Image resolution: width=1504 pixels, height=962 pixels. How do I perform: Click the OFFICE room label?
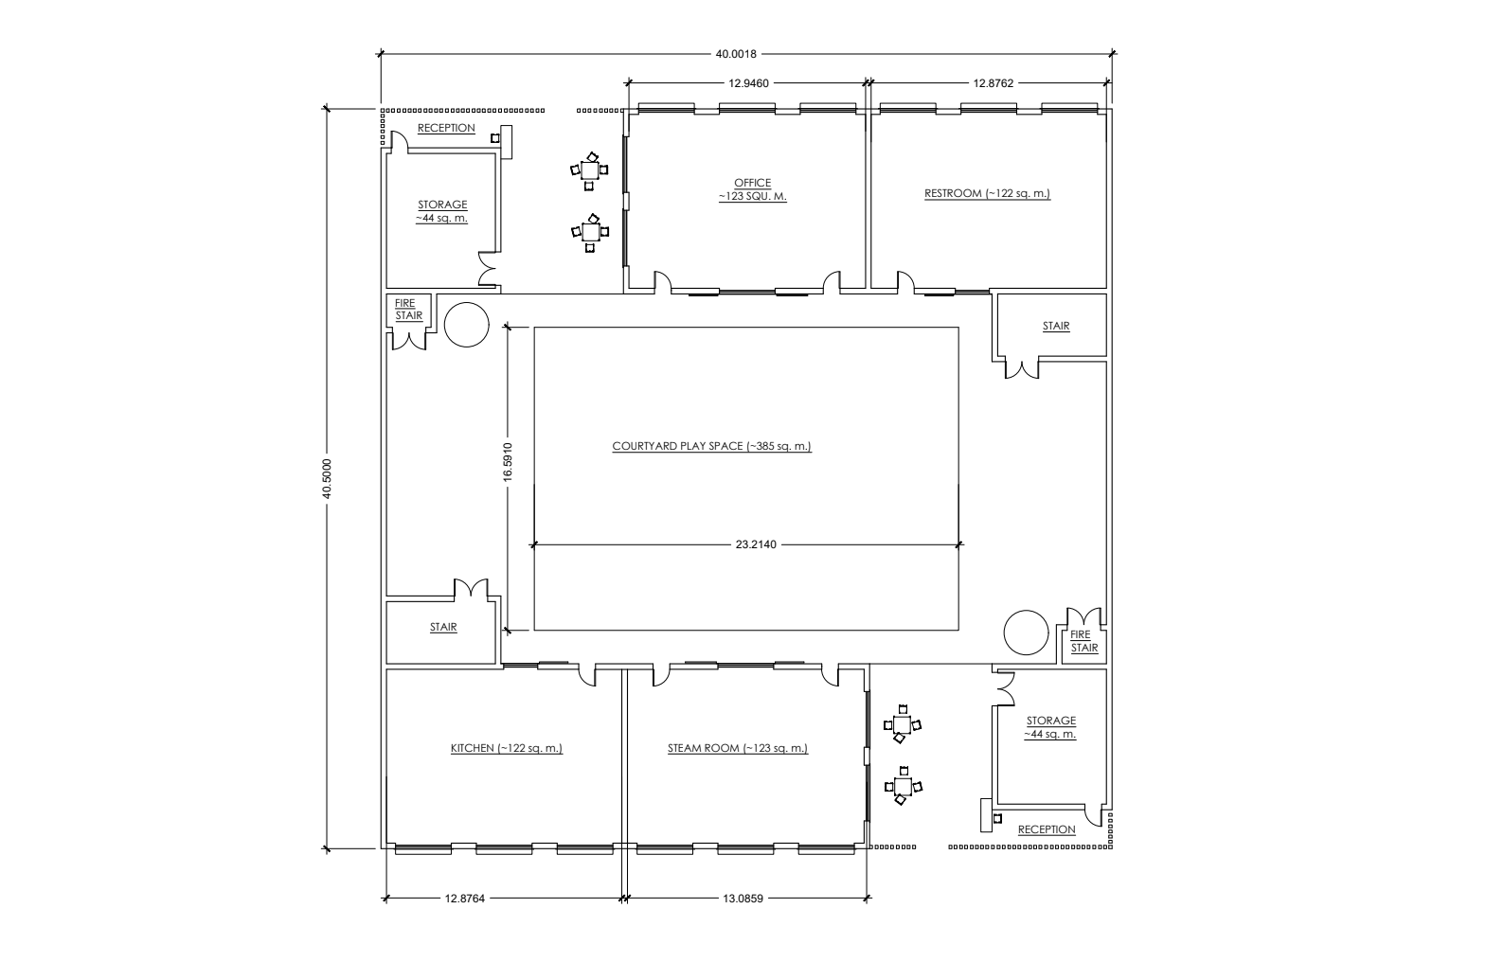[752, 189]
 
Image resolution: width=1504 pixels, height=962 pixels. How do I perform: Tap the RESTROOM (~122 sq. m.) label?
[987, 193]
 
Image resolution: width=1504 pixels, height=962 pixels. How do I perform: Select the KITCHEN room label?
[507, 748]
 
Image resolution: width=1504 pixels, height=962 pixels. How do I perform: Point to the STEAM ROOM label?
[737, 748]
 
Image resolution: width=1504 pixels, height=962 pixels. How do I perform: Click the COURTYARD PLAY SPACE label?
[711, 446]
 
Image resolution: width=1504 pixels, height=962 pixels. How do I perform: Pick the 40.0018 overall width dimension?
[736, 54]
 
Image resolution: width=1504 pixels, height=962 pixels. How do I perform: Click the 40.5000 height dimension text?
[327, 479]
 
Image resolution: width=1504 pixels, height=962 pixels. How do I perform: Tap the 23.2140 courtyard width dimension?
[756, 544]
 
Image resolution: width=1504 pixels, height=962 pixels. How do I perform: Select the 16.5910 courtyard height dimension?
[508, 462]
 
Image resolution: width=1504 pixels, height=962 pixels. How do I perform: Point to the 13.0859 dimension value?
[743, 899]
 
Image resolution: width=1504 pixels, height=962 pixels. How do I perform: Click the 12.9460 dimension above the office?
[748, 83]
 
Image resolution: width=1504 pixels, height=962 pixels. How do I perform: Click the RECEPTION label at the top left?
[446, 128]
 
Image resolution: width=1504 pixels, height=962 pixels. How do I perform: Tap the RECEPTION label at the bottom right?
[1047, 829]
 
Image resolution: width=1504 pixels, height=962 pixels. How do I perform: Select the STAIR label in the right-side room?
[1055, 326]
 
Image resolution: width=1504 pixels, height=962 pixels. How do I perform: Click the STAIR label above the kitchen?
[443, 627]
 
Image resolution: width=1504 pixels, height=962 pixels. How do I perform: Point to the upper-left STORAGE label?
[441, 211]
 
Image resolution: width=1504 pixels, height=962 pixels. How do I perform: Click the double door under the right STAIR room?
[1022, 370]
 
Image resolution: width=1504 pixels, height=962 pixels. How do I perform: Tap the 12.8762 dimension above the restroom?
[994, 83]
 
